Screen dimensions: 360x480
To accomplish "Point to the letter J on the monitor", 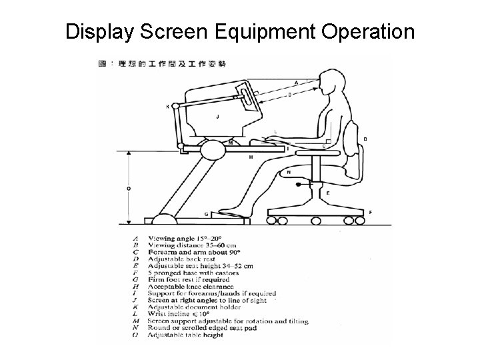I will tap(218, 116).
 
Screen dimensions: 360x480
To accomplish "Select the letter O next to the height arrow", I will tap(128, 188).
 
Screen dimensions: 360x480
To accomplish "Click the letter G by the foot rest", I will tap(206, 214).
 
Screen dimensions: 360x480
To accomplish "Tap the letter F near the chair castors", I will tap(370, 212).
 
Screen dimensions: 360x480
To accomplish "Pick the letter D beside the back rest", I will tap(364, 139).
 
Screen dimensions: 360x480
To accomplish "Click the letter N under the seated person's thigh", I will tap(288, 172).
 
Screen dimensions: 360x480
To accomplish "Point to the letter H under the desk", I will tap(251, 157).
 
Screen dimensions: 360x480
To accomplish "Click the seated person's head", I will tap(331, 85).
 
